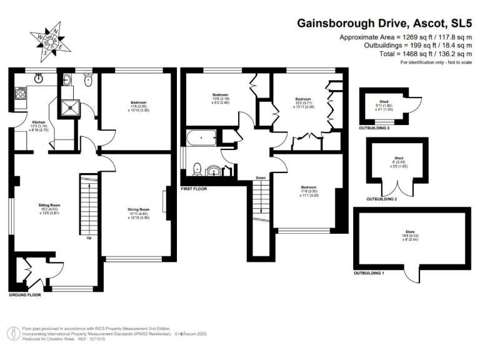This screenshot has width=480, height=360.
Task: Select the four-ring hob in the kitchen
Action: (20, 95)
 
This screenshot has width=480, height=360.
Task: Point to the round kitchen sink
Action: (39, 78)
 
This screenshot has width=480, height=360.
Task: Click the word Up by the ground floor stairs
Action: (89, 237)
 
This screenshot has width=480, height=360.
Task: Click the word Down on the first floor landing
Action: (261, 178)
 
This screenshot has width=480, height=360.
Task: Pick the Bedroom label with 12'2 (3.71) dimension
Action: (303, 99)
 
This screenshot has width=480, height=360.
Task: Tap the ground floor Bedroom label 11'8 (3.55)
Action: (138, 102)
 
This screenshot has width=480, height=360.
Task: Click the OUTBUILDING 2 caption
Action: (381, 199)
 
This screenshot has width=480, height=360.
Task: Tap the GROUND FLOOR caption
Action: (25, 294)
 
